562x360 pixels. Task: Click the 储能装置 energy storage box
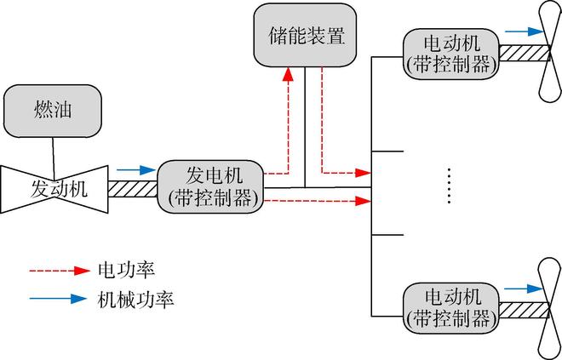[304, 37]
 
